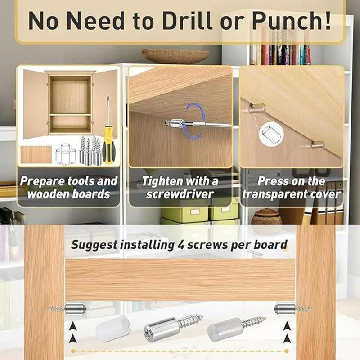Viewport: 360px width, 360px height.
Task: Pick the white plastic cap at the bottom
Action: coord(112,330)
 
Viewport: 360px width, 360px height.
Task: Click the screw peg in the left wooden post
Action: coord(67,309)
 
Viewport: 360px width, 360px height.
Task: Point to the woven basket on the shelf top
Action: coord(175,56)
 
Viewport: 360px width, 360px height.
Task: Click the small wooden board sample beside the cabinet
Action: coord(36,154)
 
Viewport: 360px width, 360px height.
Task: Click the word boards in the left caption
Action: coord(93,194)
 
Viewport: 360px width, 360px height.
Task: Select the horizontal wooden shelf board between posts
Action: coord(180,279)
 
